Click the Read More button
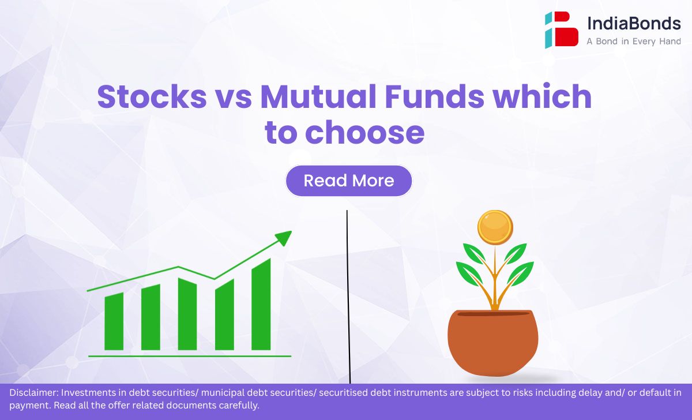tap(349, 181)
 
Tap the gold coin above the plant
tap(495, 227)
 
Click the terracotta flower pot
tap(492, 343)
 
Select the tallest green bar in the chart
tap(261, 305)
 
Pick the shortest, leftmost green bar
tap(114, 321)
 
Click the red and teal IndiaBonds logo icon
tap(561, 29)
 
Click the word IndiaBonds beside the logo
tap(634, 23)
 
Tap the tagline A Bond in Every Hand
tap(634, 42)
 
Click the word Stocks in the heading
tap(152, 96)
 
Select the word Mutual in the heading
tap(318, 96)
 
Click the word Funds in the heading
tap(434, 96)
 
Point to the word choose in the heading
tap(365, 133)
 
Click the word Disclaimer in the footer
tap(34, 392)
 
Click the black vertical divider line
tap(348, 297)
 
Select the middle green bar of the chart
tap(187, 314)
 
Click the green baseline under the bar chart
tap(190, 357)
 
